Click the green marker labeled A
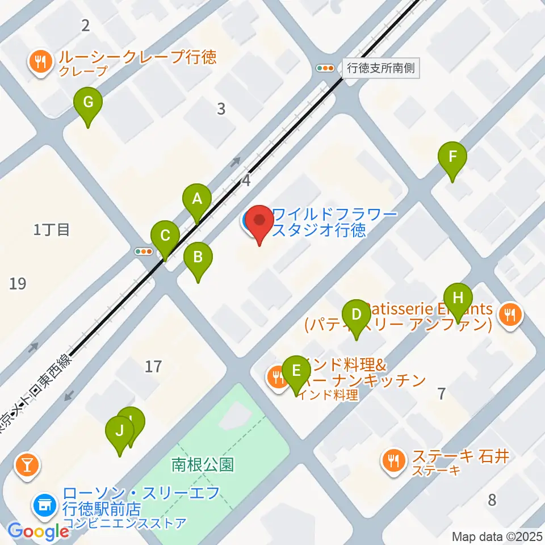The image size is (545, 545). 197,199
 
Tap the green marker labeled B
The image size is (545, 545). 198,258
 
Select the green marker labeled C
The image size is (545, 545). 165,236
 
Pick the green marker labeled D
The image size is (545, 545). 356,315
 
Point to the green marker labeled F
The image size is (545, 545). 452,157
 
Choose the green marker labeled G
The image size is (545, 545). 88,103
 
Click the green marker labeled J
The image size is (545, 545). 120,431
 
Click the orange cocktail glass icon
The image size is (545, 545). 26,465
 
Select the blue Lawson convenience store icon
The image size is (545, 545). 44,502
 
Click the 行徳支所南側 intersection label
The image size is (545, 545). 380,69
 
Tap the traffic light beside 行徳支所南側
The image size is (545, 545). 326,68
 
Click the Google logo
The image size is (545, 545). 38,532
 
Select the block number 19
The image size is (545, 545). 18,283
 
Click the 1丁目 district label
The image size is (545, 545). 51,230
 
